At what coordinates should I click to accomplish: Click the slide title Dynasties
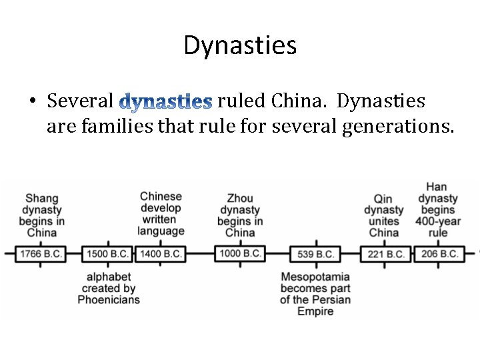pyautogui.click(x=240, y=46)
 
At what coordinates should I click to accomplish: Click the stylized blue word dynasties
pyautogui.click(x=166, y=102)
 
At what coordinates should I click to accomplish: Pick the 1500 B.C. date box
pyautogui.click(x=107, y=254)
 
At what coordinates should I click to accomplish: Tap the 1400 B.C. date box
pyautogui.click(x=160, y=254)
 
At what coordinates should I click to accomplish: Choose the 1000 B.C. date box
pyautogui.click(x=239, y=253)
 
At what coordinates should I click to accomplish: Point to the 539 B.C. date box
pyautogui.click(x=315, y=254)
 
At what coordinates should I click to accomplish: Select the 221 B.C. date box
pyautogui.click(x=385, y=254)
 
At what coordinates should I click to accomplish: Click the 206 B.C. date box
pyautogui.click(x=439, y=254)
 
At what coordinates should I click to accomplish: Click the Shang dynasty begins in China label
pyautogui.click(x=41, y=215)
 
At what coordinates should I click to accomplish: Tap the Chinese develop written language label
pyautogui.click(x=161, y=214)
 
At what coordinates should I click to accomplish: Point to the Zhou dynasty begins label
pyautogui.click(x=240, y=215)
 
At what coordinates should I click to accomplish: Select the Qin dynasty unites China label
pyautogui.click(x=384, y=215)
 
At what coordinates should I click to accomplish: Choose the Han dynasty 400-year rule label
pyautogui.click(x=437, y=210)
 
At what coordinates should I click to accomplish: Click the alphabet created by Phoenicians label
pyautogui.click(x=109, y=288)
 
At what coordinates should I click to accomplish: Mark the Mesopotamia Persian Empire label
pyautogui.click(x=315, y=294)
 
